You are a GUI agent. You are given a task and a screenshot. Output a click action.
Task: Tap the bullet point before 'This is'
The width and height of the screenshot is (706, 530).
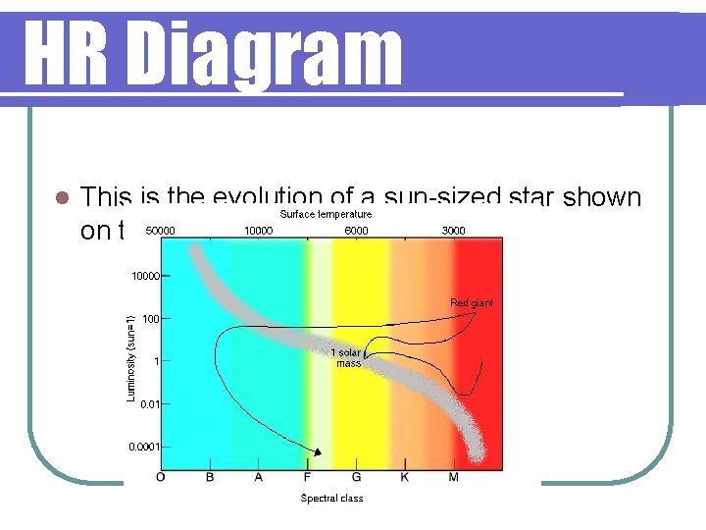(x=61, y=197)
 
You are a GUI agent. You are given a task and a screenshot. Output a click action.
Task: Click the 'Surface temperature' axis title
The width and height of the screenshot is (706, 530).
(x=326, y=214)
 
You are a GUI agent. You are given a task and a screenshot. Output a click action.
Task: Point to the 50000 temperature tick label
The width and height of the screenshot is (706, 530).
(x=160, y=231)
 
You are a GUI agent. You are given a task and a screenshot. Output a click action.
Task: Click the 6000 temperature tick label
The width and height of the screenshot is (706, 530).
(x=356, y=231)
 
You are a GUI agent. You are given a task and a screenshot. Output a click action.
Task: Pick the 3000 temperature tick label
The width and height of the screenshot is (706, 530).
(x=453, y=231)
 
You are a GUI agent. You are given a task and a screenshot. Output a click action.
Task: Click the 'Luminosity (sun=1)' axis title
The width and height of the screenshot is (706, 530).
(x=130, y=356)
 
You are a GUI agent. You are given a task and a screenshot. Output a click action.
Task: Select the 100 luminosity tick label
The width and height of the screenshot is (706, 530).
(x=150, y=319)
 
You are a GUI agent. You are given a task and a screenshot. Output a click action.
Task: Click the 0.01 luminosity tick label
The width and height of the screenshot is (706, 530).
(x=149, y=403)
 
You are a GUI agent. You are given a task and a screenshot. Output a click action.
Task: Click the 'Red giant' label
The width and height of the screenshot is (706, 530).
(x=472, y=303)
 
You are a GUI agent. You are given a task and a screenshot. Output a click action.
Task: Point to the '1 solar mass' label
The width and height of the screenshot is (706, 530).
(x=348, y=358)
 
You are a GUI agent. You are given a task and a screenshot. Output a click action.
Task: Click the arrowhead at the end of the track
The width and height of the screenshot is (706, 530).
(x=318, y=451)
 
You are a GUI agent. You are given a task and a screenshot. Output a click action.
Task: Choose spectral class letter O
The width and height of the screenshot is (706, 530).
(x=161, y=478)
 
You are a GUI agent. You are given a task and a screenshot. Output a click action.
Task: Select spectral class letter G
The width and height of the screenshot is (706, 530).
(x=356, y=478)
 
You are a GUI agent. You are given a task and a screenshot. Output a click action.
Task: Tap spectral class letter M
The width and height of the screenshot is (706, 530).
(x=452, y=478)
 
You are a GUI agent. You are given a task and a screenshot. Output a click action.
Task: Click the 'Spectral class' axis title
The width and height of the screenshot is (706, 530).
(x=331, y=499)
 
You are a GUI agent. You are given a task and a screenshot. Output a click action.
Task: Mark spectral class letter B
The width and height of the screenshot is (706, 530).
(x=209, y=478)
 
